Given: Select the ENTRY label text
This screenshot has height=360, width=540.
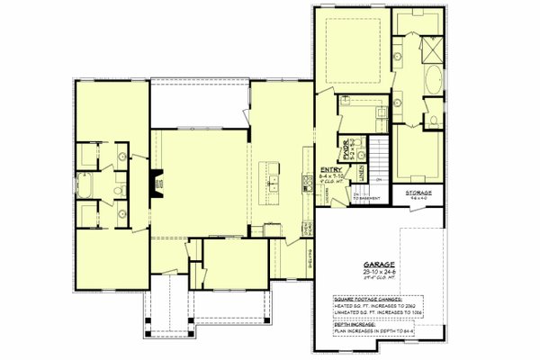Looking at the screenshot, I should coord(329,166).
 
